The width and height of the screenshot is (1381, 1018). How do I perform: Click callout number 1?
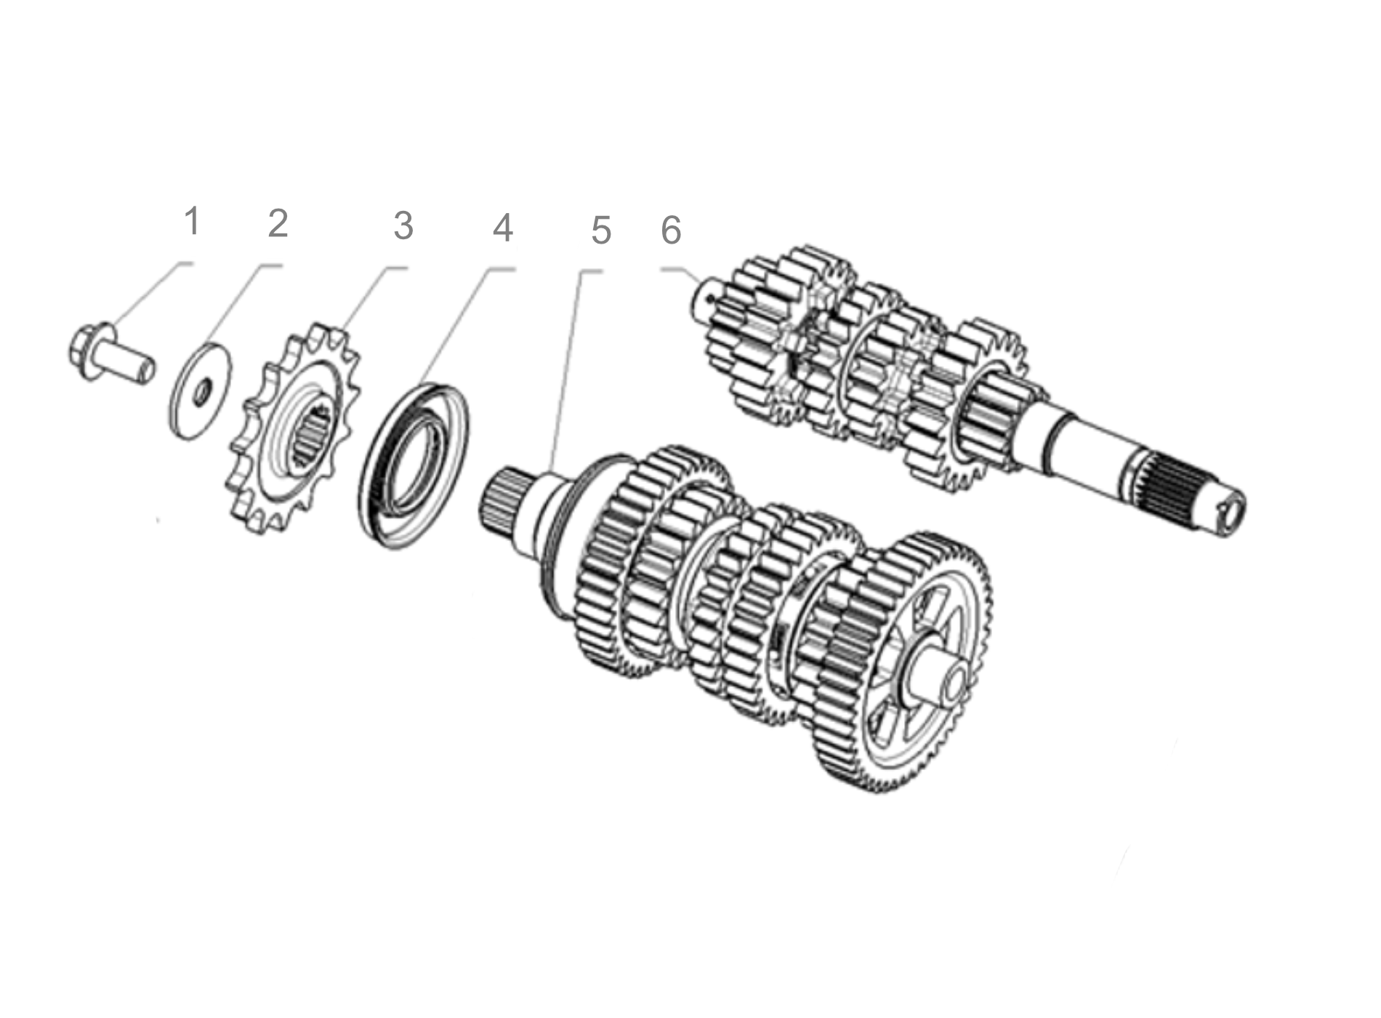click(191, 221)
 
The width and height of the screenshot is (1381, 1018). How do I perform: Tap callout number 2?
click(278, 223)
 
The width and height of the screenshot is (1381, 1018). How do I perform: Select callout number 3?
click(403, 225)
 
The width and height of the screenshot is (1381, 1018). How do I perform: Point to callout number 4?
click(503, 228)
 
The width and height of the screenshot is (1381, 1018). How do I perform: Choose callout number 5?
click(600, 231)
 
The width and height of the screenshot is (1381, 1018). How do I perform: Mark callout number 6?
click(671, 231)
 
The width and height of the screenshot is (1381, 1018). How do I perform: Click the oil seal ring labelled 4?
click(414, 466)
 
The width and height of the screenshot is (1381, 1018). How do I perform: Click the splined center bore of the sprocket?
click(313, 436)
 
